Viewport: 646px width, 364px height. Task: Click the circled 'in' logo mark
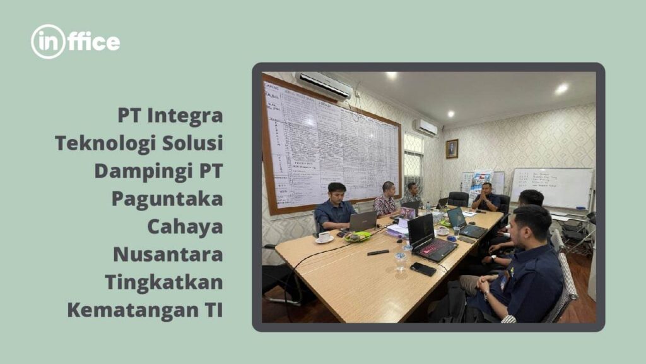[48, 42]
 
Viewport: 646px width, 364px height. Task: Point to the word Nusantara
[168, 253]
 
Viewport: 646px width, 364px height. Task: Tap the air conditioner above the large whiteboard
[324, 85]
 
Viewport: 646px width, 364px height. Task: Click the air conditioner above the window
[426, 127]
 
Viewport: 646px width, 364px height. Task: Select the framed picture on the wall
[452, 149]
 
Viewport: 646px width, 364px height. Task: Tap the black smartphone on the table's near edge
[423, 269]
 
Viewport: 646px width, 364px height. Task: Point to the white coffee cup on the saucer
[324, 237]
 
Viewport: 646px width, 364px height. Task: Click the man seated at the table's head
[486, 198]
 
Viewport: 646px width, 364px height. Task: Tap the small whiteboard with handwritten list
[551, 188]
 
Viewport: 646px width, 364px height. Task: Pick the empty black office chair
[458, 200]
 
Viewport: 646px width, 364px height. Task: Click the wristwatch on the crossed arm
[493, 258]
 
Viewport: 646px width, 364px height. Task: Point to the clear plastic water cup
[399, 260]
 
